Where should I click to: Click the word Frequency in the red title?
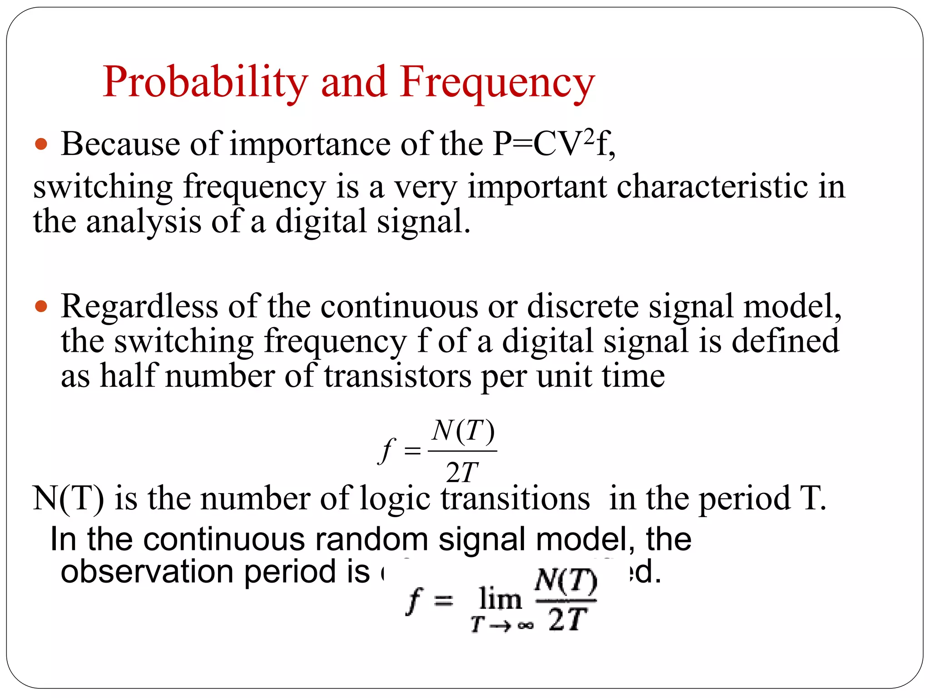pyautogui.click(x=497, y=83)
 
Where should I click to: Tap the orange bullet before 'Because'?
pyautogui.click(x=41, y=145)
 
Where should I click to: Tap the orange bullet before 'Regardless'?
pyautogui.click(x=41, y=306)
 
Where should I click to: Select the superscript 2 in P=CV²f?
pyautogui.click(x=589, y=136)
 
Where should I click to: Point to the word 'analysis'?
pyautogui.click(x=143, y=222)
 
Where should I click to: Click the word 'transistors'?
pyautogui.click(x=398, y=376)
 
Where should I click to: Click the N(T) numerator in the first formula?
pyautogui.click(x=463, y=431)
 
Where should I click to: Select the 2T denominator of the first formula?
pyautogui.click(x=462, y=473)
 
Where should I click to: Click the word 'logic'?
pyautogui.click(x=395, y=499)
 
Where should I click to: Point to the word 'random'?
pyautogui.click(x=371, y=540)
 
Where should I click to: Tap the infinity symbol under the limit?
pyautogui.click(x=525, y=626)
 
